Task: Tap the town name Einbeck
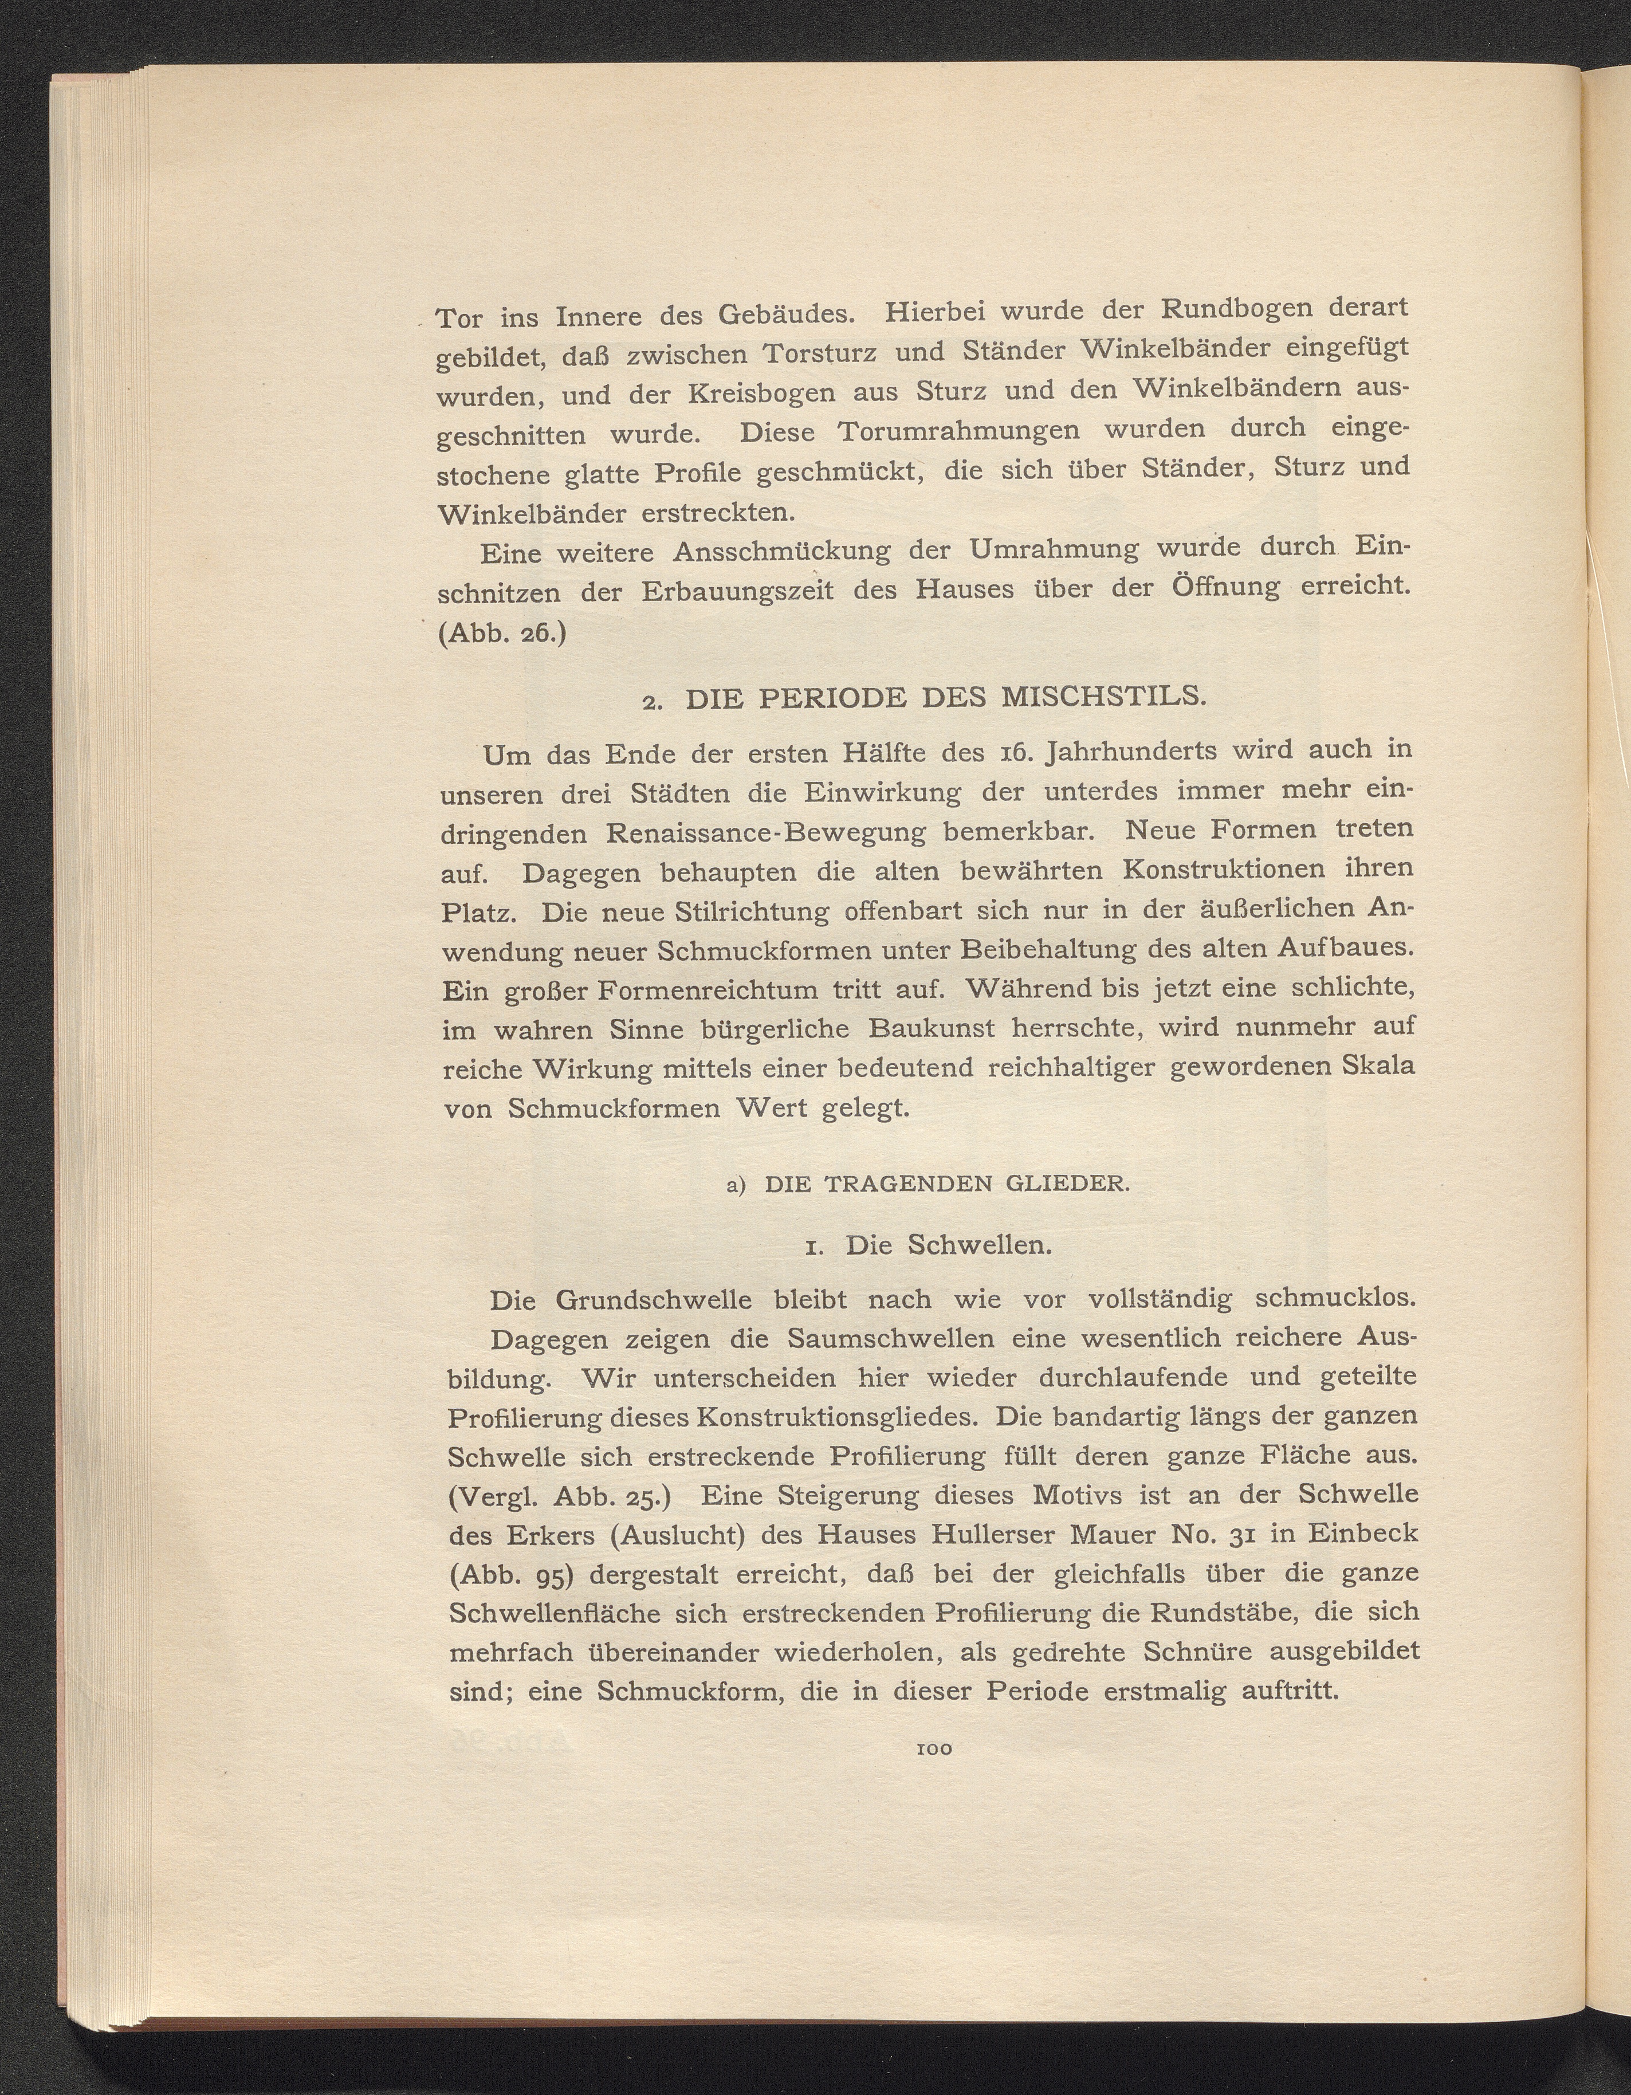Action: [1361, 1532]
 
